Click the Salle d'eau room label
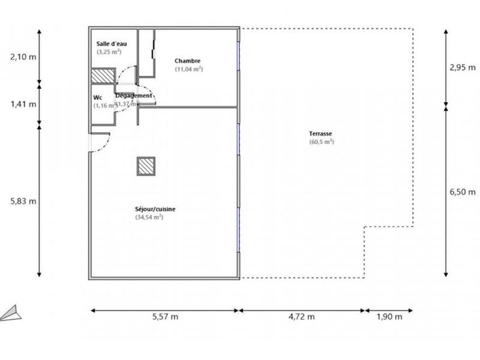(111, 44)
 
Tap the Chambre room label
(187, 61)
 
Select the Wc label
(97, 97)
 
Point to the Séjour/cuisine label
(155, 209)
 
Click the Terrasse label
(321, 134)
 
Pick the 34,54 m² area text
(149, 217)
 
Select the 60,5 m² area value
(321, 142)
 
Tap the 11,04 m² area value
(188, 69)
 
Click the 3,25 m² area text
(109, 52)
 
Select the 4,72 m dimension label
(302, 317)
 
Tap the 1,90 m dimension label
(388, 317)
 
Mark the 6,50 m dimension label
(462, 192)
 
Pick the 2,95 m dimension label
(462, 67)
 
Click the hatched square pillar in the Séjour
(146, 166)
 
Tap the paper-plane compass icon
(11, 313)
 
